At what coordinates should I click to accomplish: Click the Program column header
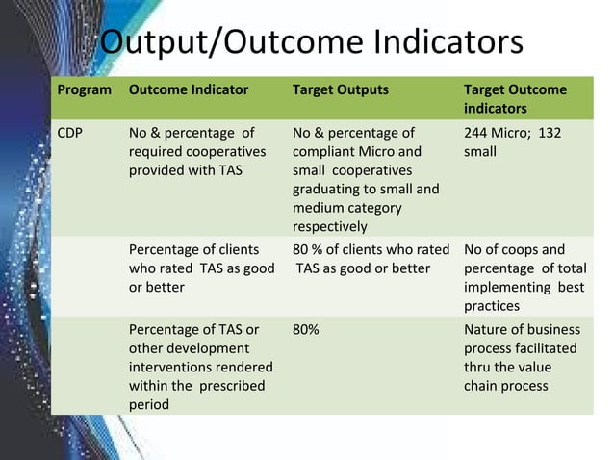coord(84,89)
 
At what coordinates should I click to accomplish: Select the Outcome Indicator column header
coord(189,89)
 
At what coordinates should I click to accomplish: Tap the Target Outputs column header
coord(341,89)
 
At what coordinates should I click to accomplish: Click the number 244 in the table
coord(477,133)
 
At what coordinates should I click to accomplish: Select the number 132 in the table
coord(550,133)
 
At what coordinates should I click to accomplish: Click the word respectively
coord(329,227)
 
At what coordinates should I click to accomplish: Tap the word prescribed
coord(230,386)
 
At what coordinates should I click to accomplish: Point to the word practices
coord(492,306)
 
